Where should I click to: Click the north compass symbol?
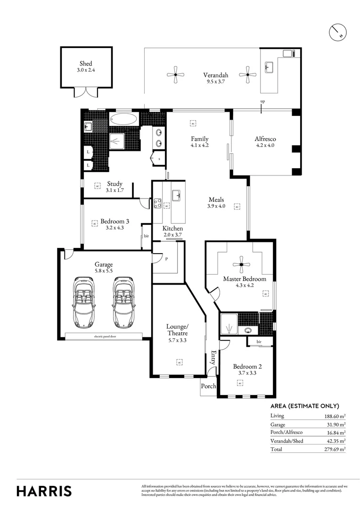(337, 32)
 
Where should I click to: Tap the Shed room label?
(86, 64)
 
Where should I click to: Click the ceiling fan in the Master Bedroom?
(241, 264)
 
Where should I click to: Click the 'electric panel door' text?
(105, 336)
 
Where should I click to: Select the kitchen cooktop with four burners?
(157, 204)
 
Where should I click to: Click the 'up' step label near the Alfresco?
(262, 102)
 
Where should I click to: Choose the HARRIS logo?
(44, 491)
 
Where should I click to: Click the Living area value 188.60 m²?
(335, 416)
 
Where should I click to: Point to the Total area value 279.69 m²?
(335, 449)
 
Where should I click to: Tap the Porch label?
(208, 386)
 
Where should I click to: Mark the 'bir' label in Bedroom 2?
(259, 341)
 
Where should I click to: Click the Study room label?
(115, 184)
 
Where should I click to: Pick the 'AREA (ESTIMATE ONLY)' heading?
(304, 406)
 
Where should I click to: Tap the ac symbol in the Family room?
(193, 123)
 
